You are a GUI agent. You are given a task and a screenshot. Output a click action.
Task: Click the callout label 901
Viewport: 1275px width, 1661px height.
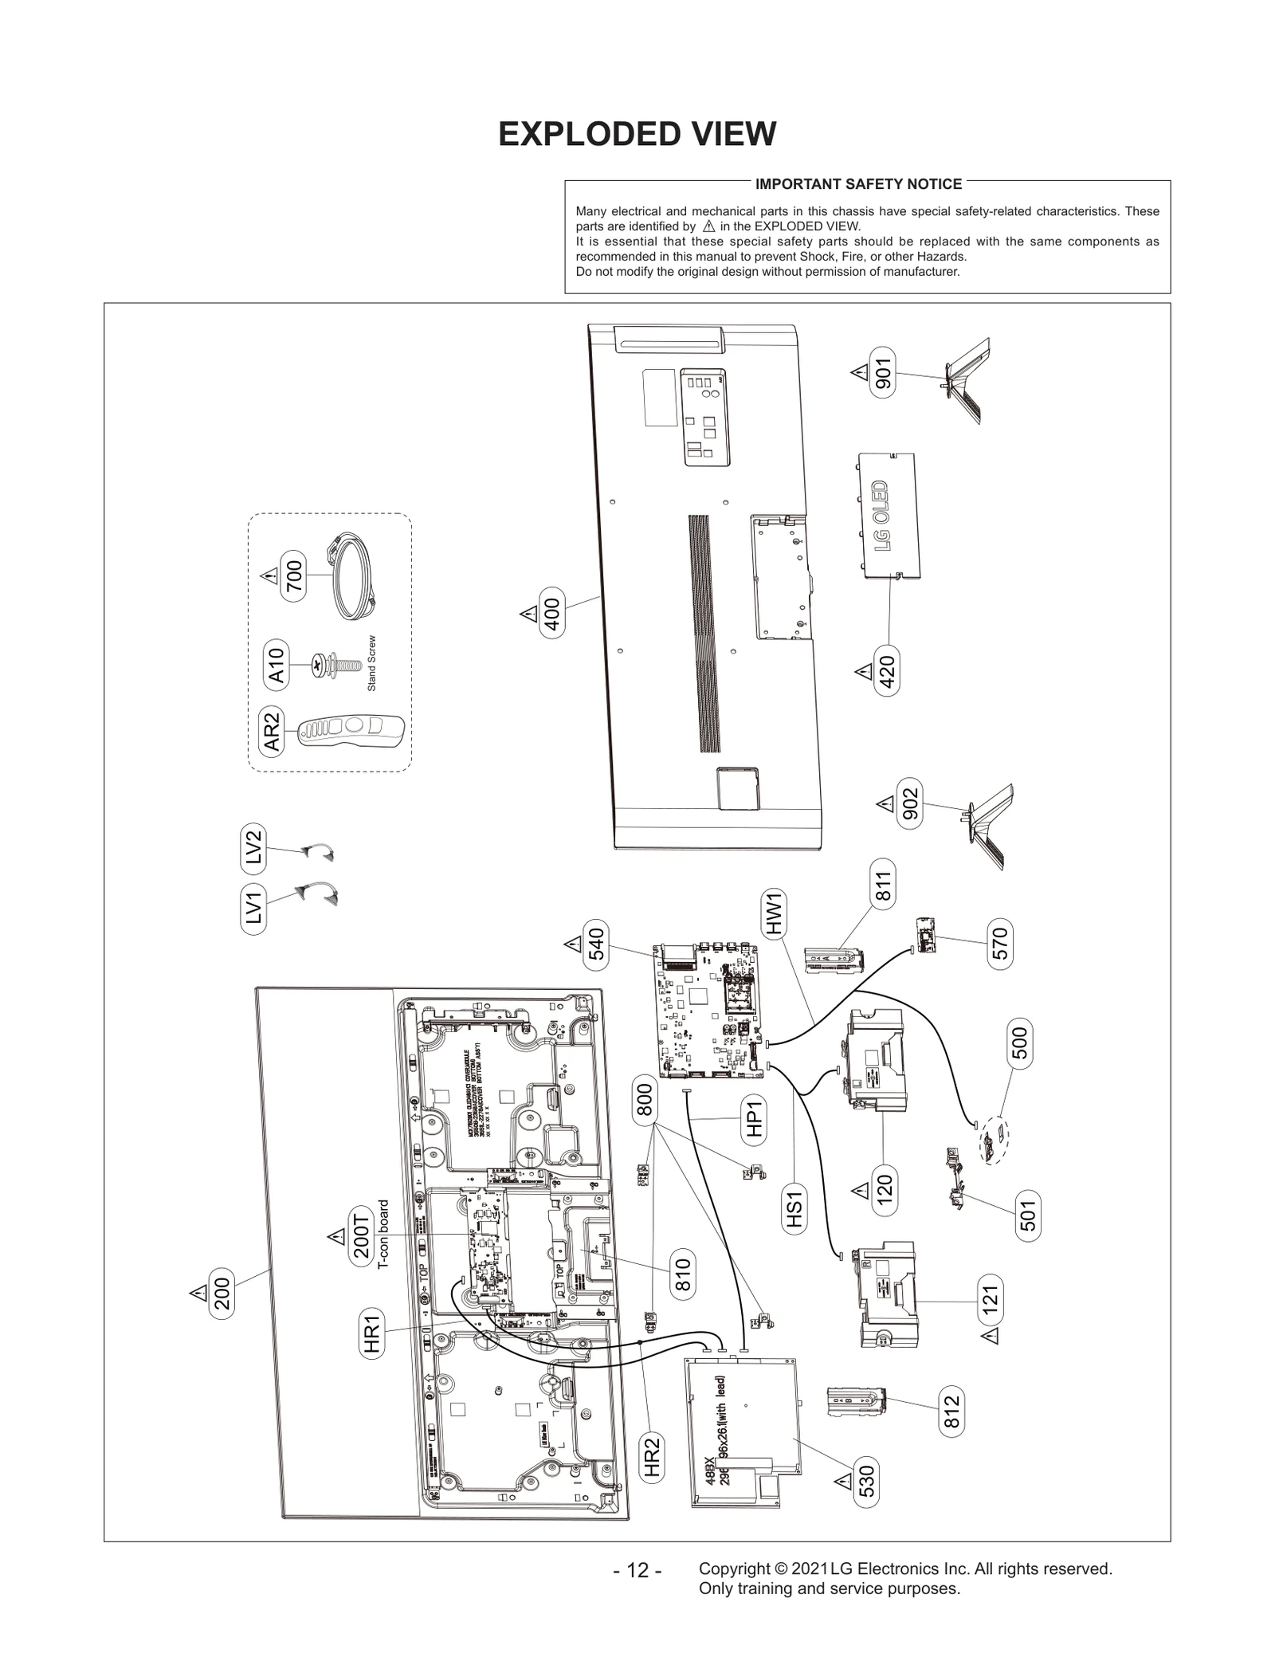coord(884,371)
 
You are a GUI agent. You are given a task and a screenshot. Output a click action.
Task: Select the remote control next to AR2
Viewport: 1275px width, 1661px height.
coord(351,731)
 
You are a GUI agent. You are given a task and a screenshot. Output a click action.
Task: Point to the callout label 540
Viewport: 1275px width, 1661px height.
coord(595,944)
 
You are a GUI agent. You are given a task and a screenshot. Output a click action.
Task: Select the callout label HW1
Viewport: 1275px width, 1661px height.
coord(775,913)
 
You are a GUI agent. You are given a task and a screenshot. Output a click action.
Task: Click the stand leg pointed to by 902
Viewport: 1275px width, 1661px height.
coord(987,825)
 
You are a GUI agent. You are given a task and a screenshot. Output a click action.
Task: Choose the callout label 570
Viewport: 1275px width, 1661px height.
coord(1001,944)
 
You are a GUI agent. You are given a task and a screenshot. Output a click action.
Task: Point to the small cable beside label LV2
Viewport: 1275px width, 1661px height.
coord(318,853)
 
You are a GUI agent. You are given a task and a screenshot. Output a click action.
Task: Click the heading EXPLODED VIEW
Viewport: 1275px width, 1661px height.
coord(637,134)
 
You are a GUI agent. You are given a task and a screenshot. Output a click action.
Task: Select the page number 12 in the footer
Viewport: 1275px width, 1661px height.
coord(637,1570)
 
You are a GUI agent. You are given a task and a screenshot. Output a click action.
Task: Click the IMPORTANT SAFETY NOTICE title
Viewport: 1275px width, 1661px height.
coord(858,184)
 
